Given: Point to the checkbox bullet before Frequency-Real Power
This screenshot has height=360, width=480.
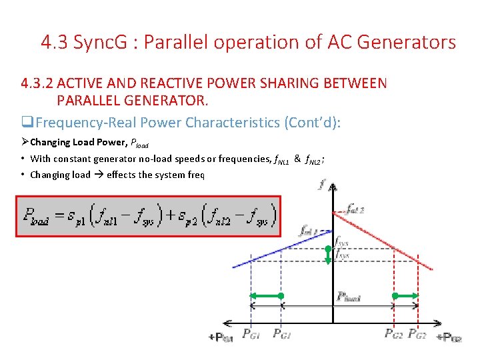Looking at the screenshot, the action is point(27,123).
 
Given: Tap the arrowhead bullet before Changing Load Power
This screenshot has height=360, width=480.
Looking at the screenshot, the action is point(25,142).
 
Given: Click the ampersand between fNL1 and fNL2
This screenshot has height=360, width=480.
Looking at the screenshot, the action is point(297,159).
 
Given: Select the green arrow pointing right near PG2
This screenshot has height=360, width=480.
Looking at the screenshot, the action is point(406,295).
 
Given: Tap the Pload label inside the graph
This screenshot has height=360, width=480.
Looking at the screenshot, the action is point(349,297).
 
